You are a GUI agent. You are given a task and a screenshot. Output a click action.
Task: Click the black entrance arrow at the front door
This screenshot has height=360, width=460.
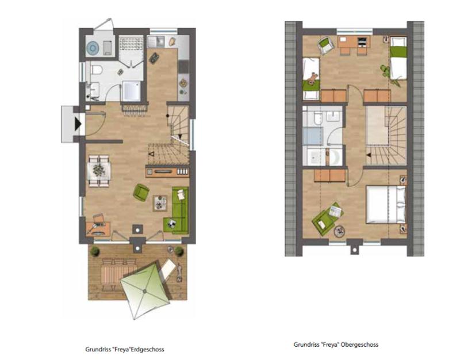click(78, 124)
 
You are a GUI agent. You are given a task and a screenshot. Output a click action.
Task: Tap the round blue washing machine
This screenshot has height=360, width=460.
click(93, 48)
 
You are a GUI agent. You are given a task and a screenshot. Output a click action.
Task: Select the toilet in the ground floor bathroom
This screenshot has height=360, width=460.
click(96, 70)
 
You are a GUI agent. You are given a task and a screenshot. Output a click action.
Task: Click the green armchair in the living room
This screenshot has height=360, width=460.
click(141, 193)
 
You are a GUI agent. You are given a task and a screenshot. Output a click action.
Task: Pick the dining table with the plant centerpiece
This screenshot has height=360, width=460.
click(99, 171)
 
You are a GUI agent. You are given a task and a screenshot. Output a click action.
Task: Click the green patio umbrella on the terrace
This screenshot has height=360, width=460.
click(145, 290)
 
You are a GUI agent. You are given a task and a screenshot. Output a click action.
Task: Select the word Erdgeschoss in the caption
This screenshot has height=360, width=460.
click(147, 350)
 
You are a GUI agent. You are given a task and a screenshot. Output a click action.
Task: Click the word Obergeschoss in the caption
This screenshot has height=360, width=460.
click(360, 344)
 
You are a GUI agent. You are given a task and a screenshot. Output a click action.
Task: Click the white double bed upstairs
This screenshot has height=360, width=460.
click(386, 205)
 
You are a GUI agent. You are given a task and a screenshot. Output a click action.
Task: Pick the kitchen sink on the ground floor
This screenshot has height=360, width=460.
click(156, 41)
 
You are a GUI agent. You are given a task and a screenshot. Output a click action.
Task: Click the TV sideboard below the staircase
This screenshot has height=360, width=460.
click(167, 171)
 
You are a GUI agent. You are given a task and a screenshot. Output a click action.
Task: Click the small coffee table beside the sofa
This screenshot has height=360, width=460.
click(160, 203)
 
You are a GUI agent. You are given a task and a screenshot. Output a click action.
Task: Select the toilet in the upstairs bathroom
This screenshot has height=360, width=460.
click(317, 118)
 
